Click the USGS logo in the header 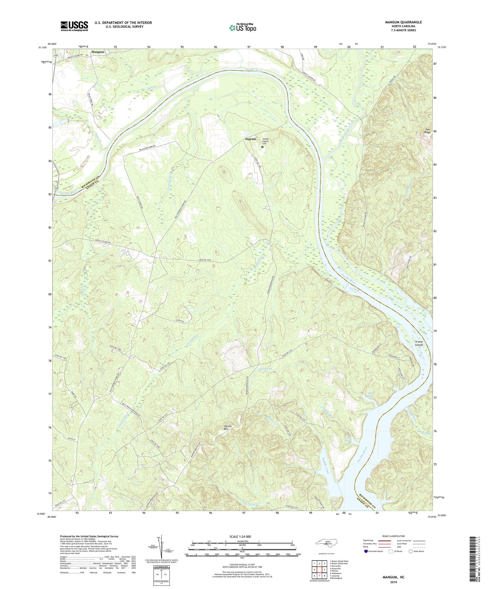click(x=74, y=26)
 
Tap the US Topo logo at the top click(x=242, y=28)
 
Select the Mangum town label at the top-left click(x=98, y=52)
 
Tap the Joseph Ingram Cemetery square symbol click(x=263, y=147)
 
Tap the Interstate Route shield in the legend click(x=366, y=551)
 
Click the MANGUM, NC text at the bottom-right click(x=393, y=577)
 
